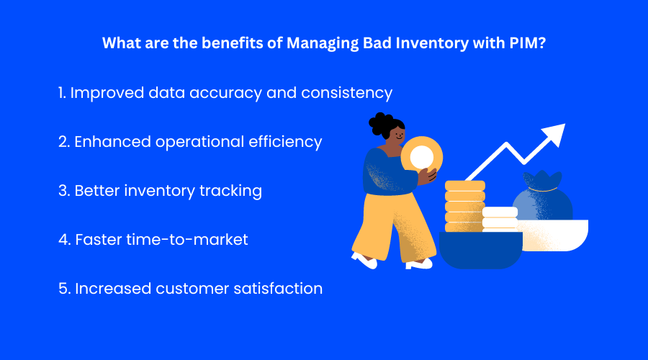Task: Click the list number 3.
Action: tap(63, 191)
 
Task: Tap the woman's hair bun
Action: tap(381, 123)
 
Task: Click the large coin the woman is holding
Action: tap(421, 157)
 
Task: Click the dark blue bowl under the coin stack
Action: tap(480, 249)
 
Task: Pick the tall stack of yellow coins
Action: tap(464, 205)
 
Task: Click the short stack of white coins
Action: tap(500, 218)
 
